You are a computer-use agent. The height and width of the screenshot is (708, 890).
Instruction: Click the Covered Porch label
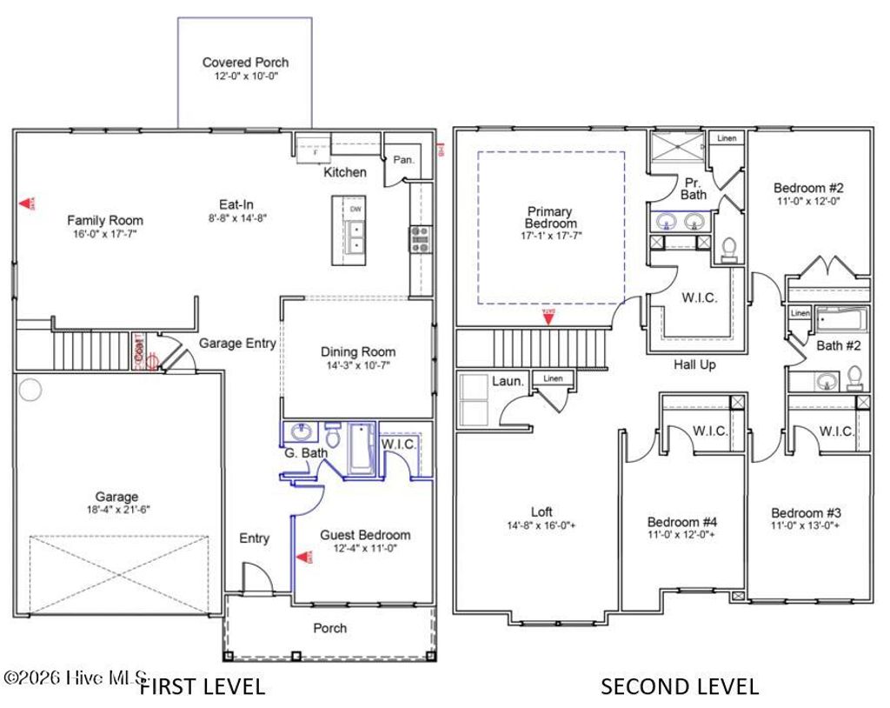pyautogui.click(x=245, y=63)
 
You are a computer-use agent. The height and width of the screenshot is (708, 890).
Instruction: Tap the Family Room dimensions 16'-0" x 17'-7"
pyautogui.click(x=105, y=234)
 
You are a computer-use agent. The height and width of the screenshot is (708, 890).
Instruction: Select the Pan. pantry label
pyautogui.click(x=403, y=160)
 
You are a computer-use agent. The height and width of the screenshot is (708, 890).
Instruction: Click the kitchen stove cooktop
pyautogui.click(x=421, y=238)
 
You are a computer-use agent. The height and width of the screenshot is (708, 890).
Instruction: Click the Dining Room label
pyautogui.click(x=358, y=352)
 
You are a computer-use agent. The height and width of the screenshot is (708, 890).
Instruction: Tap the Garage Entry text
pyautogui.click(x=237, y=344)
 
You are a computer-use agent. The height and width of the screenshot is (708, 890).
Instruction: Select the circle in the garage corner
pyautogui.click(x=30, y=391)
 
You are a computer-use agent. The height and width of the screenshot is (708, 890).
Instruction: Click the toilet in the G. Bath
pyautogui.click(x=332, y=432)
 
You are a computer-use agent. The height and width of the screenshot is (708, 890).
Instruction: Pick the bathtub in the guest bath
pyautogui.click(x=361, y=449)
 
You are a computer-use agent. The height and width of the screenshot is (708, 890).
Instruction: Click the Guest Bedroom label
pyautogui.click(x=365, y=535)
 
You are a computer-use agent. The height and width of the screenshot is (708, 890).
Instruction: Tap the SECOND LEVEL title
pyautogui.click(x=680, y=686)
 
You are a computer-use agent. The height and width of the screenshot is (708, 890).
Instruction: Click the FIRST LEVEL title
pyautogui.click(x=203, y=686)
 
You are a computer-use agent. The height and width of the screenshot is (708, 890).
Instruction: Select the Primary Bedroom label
pyautogui.click(x=550, y=217)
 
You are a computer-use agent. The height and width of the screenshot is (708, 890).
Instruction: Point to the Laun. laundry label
pyautogui.click(x=508, y=381)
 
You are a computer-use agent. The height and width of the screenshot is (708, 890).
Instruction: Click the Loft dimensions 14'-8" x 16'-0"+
pyautogui.click(x=541, y=525)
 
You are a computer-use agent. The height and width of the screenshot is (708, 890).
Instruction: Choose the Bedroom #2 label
pyautogui.click(x=808, y=188)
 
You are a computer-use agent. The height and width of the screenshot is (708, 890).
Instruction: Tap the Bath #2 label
pyautogui.click(x=838, y=346)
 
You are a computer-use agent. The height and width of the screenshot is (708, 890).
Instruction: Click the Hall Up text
pyautogui.click(x=694, y=365)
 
